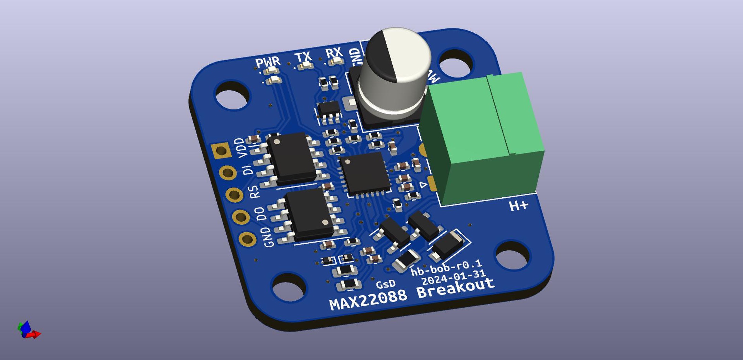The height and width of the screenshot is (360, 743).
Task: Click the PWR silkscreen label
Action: click(x=268, y=63)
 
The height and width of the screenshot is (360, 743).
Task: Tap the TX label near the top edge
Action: click(x=303, y=57)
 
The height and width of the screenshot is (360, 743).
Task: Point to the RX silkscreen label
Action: click(x=334, y=53)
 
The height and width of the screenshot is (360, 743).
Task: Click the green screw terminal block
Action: click(x=482, y=138)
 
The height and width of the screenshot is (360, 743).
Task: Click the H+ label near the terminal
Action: click(x=518, y=206)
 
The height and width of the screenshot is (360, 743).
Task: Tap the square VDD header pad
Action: click(x=221, y=150)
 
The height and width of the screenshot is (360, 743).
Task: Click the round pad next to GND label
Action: click(x=247, y=239)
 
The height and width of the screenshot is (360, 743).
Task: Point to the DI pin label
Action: click(x=248, y=170)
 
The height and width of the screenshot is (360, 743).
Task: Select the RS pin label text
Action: click(x=254, y=192)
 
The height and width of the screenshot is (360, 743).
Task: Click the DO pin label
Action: click(x=261, y=214)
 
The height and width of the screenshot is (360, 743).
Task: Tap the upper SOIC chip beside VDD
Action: click(x=291, y=158)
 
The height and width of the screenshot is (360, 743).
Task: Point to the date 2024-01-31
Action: click(x=454, y=277)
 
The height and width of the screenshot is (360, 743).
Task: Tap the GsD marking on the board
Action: click(x=386, y=284)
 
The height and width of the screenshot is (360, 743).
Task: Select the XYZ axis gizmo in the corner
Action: click(x=28, y=330)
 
